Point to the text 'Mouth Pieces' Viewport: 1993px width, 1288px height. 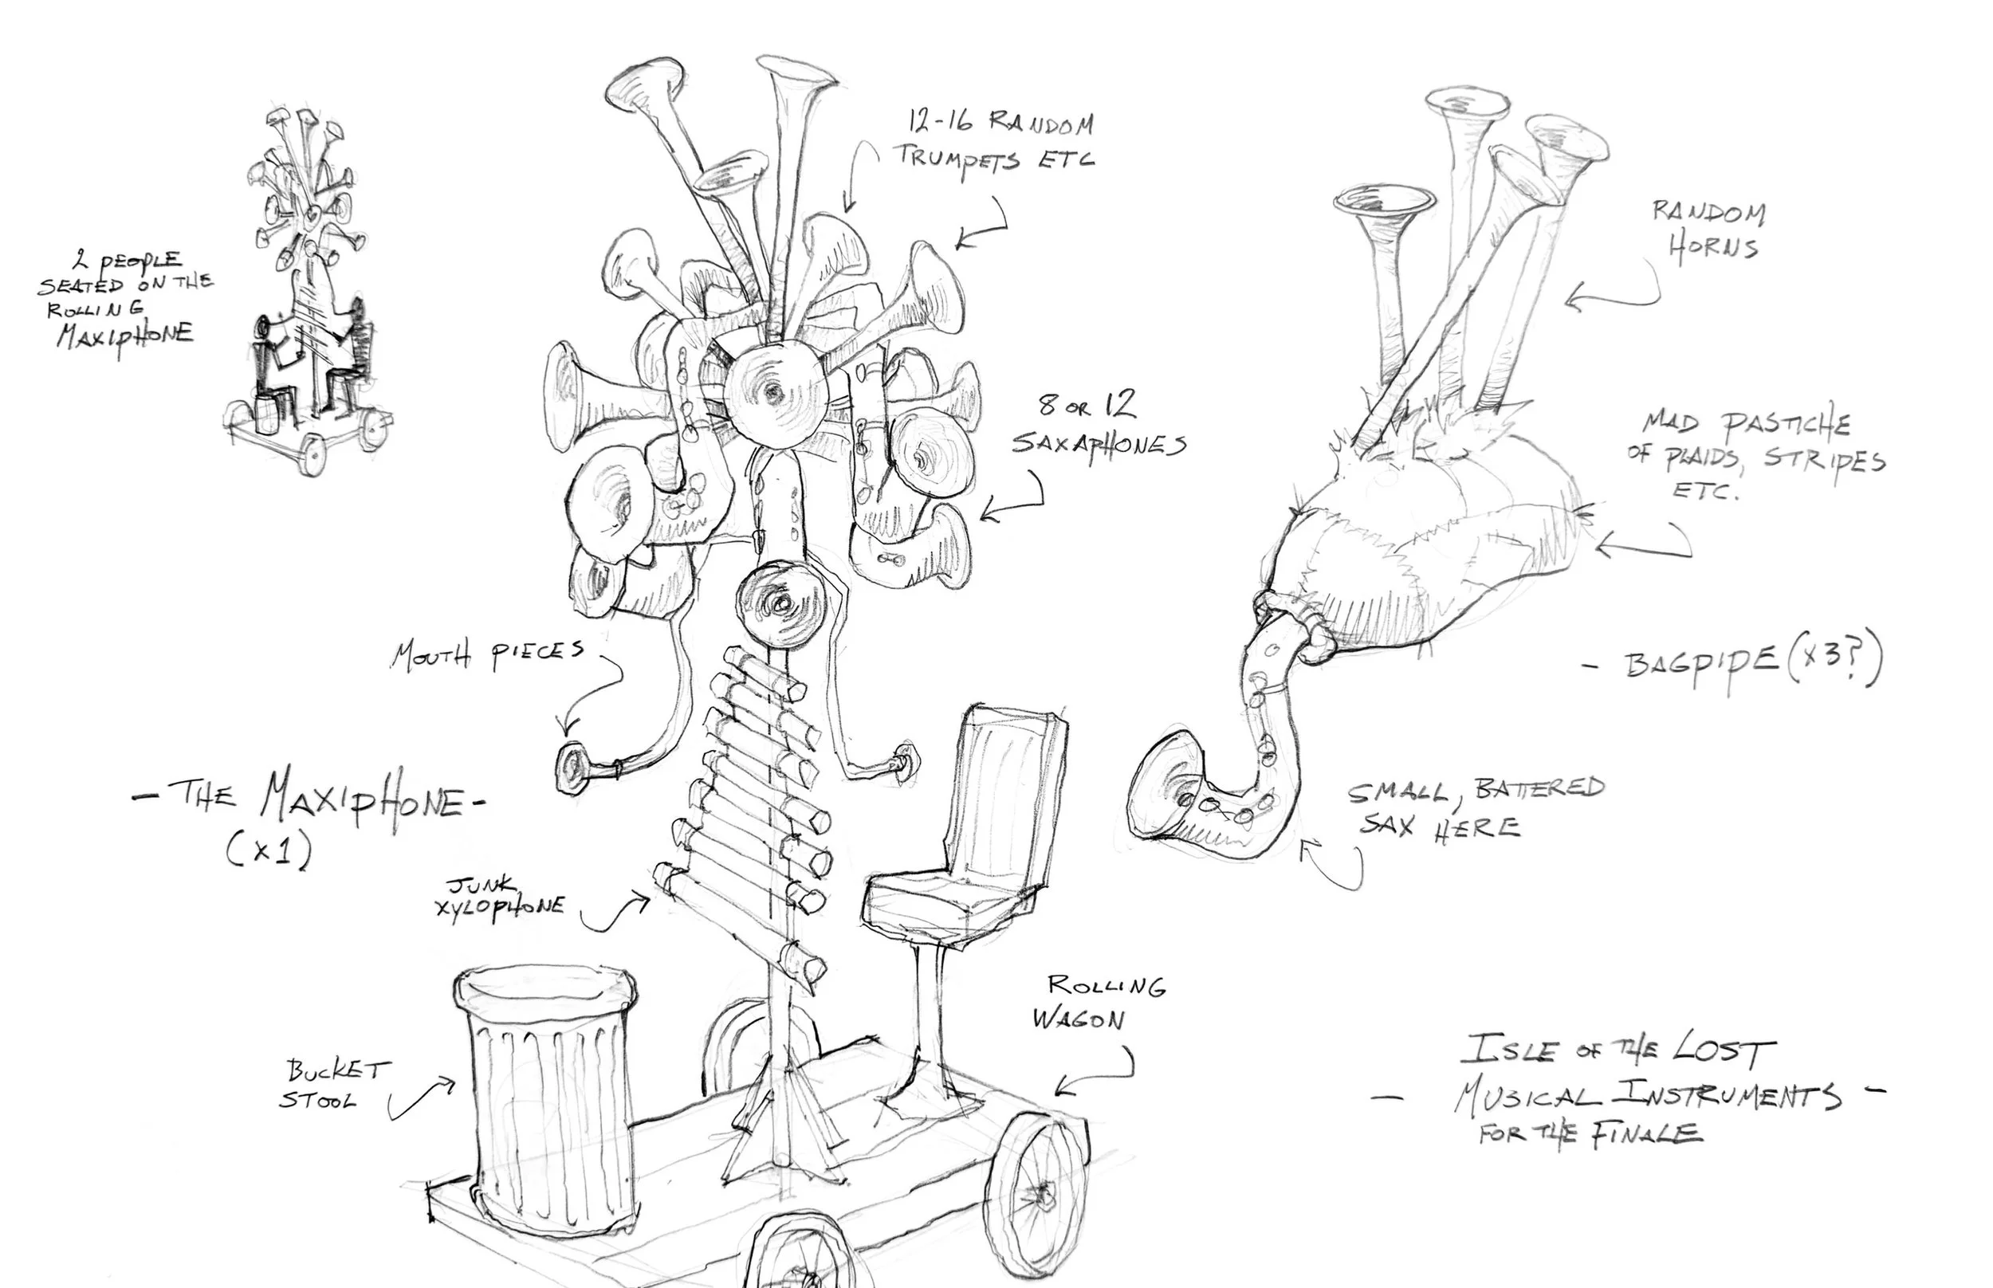pos(488,655)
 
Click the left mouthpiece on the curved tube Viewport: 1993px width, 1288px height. pos(574,765)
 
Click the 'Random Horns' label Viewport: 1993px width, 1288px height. pos(1708,230)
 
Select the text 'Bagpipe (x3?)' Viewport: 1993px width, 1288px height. pos(1752,662)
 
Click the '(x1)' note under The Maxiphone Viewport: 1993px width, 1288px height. pos(269,850)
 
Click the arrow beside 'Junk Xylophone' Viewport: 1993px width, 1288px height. pos(617,913)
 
